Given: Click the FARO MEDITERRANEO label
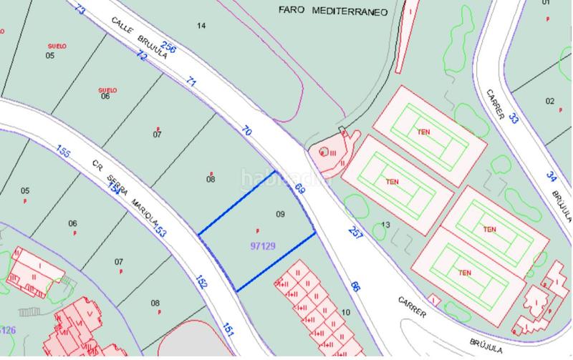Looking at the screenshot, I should [331, 12].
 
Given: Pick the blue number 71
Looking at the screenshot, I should [191, 83].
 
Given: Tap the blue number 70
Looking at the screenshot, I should [247, 132].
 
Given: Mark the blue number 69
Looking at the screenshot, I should [300, 190].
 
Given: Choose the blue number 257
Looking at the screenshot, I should [356, 232].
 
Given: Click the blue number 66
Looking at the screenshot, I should [355, 287].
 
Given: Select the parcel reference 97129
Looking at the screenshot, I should [264, 245].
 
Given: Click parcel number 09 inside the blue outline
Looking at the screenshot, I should [280, 213].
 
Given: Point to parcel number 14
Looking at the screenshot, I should [201, 26].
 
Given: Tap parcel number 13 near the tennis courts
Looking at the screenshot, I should [385, 225].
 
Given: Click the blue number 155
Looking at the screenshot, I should [63, 151].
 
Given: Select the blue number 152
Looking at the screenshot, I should [201, 283].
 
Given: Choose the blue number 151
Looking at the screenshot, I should [228, 329].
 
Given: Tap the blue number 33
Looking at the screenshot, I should [513, 119].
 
